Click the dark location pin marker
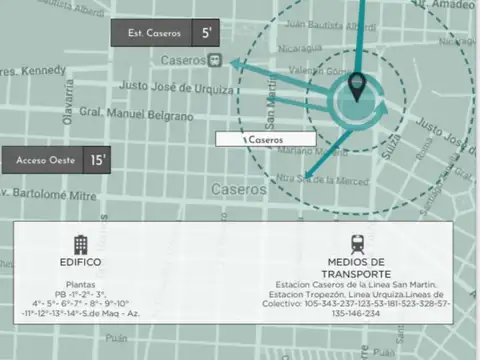point(359,92)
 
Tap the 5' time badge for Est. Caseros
point(207,33)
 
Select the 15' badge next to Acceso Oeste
point(98,159)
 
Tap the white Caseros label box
point(265,140)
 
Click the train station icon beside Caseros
point(214,60)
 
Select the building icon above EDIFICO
point(81,243)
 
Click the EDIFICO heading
point(81,262)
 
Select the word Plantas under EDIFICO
point(81,283)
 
